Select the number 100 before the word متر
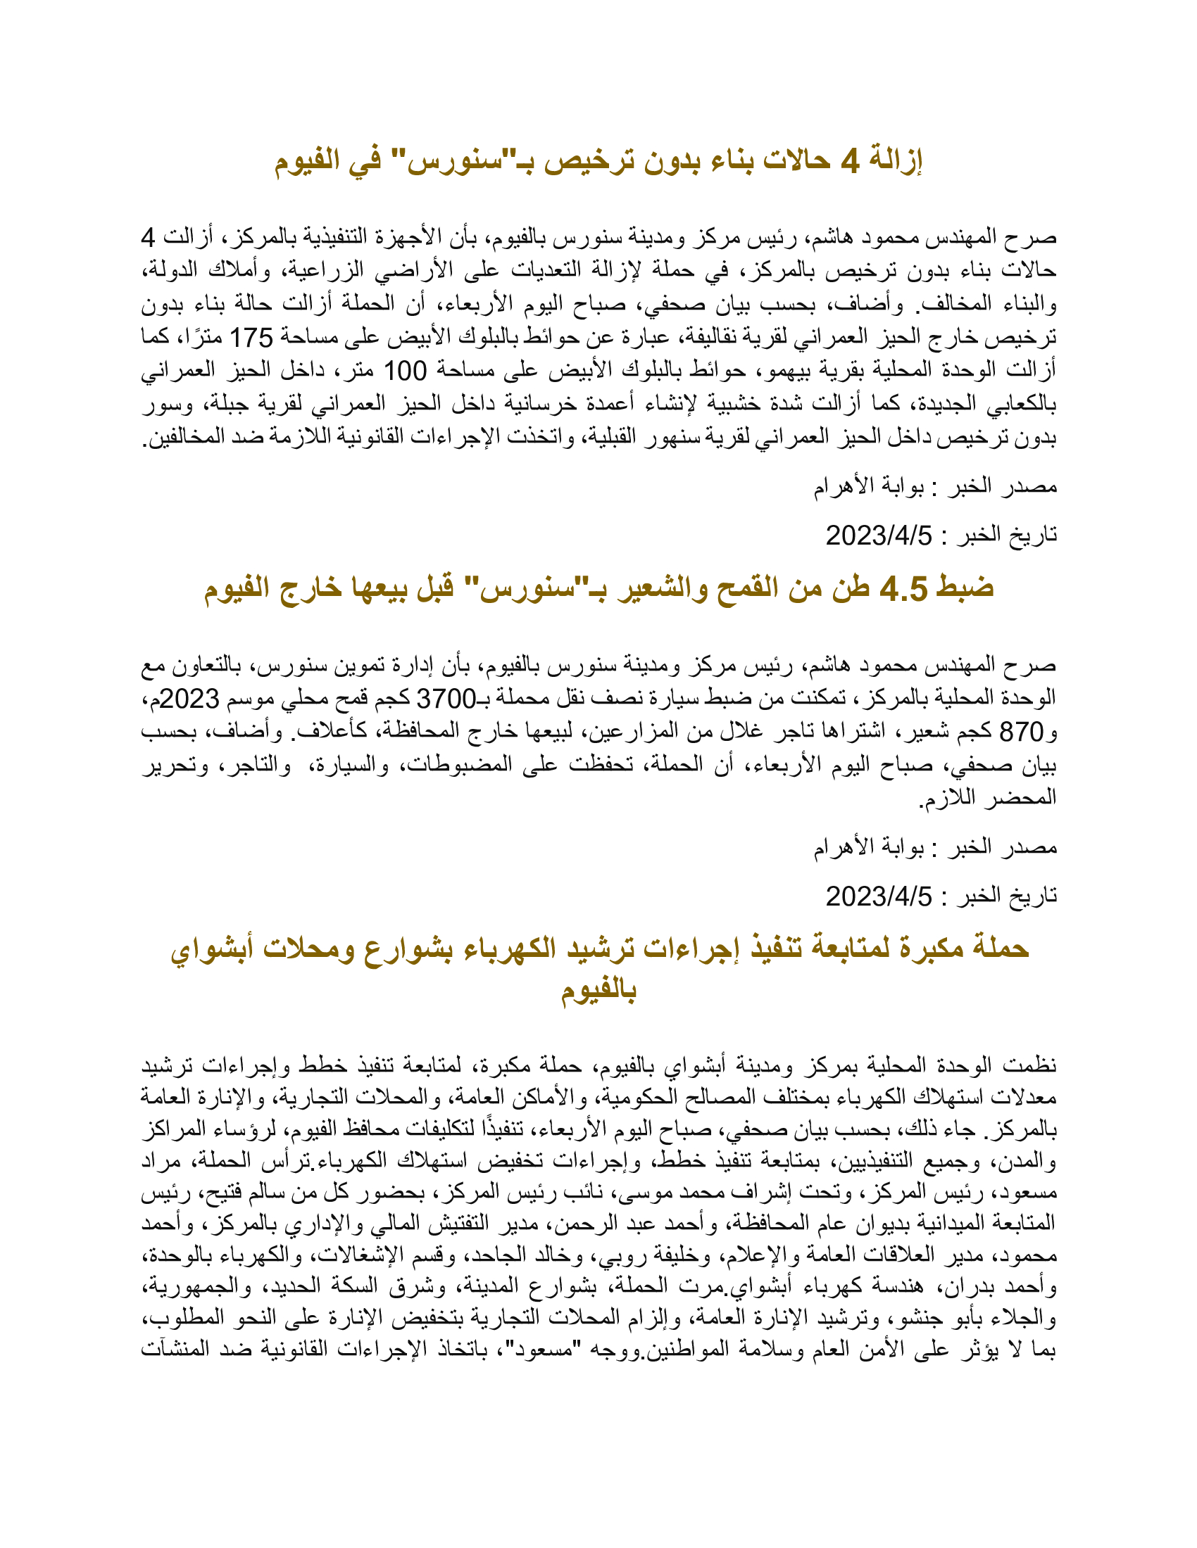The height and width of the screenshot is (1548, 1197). click(405, 371)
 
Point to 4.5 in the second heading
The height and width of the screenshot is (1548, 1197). click(903, 588)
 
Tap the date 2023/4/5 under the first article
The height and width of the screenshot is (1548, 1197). click(879, 536)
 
